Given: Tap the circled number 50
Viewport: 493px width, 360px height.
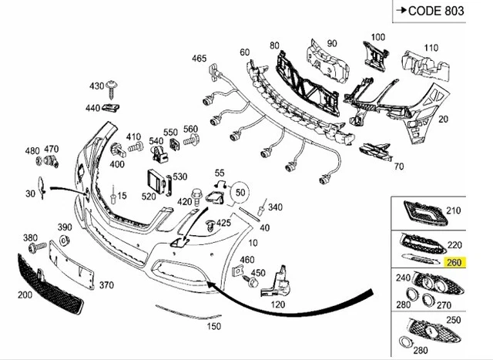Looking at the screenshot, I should point(241,190).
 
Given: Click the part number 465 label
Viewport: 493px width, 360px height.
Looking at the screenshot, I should point(199,59).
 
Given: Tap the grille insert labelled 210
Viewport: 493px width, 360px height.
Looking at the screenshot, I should point(418,211).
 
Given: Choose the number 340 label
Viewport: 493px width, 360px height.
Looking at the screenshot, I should point(275,207).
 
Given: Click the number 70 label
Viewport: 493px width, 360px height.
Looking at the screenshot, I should point(398,166).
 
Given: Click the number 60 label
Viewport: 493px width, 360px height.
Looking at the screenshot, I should point(245,52).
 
